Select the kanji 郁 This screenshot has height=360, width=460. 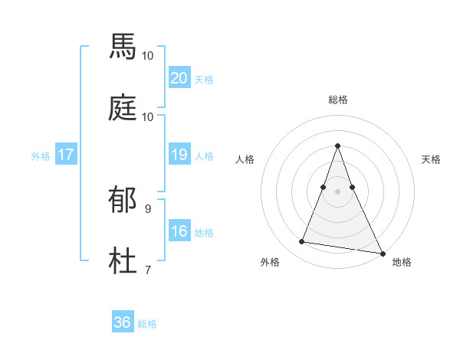click(123, 199)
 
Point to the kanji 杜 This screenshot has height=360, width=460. click(123, 261)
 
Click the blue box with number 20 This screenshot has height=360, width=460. click(179, 78)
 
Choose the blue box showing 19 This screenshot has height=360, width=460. click(179, 155)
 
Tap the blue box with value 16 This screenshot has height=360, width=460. click(179, 231)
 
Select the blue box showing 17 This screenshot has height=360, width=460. click(66, 155)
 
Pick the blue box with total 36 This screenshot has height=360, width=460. click(123, 322)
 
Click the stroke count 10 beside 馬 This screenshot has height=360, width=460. click(148, 55)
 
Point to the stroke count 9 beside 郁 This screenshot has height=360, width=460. click(147, 208)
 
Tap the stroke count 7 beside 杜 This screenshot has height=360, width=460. click(147, 270)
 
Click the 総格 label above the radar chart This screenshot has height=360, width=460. click(338, 100)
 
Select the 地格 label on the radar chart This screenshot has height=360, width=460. click(402, 262)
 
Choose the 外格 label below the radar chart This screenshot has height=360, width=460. click(270, 262)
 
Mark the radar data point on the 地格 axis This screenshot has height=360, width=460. click(382, 252)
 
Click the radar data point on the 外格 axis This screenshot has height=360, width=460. click(301, 242)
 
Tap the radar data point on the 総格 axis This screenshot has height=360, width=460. click(338, 146)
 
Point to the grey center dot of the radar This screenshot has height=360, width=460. click(338, 191)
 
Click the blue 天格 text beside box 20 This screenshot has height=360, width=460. click(204, 79)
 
